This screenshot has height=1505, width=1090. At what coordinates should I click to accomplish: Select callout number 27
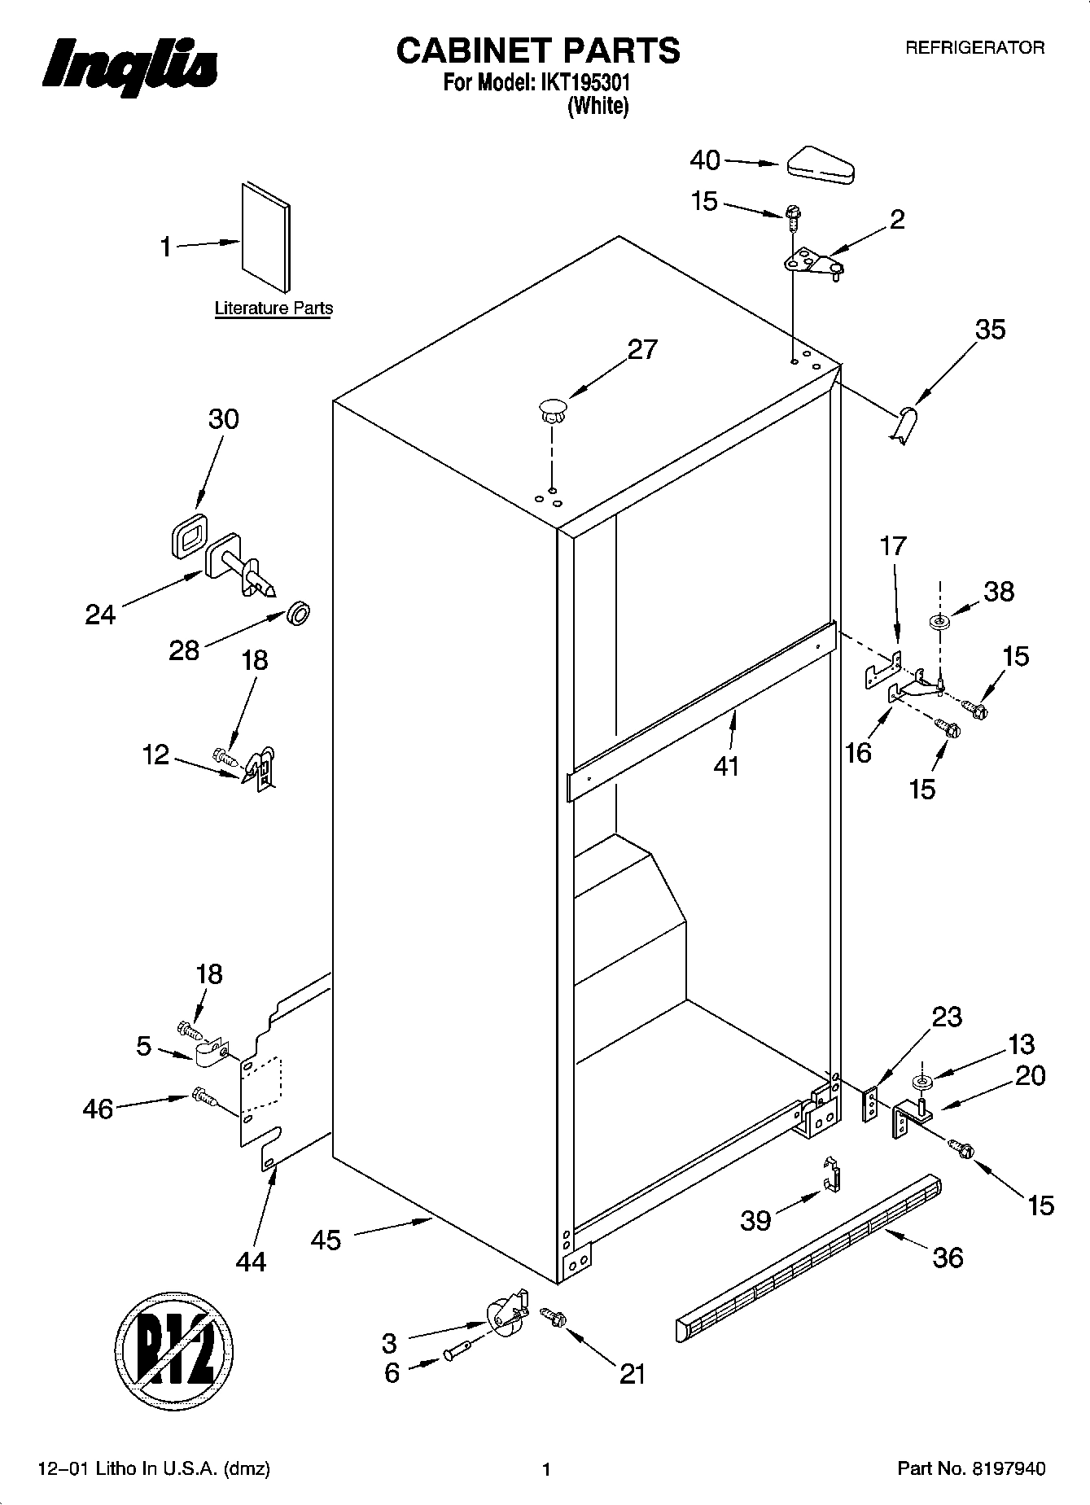coord(642,349)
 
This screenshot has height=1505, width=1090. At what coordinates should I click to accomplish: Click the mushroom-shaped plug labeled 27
coord(552,409)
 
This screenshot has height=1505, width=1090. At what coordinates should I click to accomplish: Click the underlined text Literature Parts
coord(274,308)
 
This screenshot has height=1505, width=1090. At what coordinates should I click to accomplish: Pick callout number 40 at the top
coord(705,160)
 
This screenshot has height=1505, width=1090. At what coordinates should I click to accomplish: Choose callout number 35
coord(990,330)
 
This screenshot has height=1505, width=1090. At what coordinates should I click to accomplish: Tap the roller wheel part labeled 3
coord(504,1314)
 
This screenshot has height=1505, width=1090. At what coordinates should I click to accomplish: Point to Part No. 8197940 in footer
coord(970,1469)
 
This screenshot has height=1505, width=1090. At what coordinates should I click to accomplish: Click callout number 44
coord(251,1261)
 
